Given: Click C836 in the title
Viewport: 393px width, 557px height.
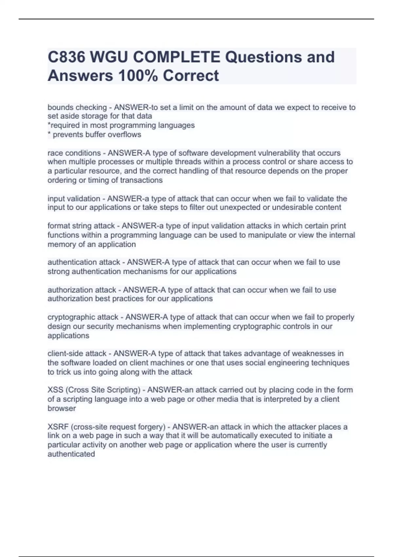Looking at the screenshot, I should click(x=66, y=57).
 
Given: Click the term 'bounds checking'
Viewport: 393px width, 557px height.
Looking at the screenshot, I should click(x=77, y=107).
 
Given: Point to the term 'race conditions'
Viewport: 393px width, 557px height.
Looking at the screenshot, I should click(x=74, y=153).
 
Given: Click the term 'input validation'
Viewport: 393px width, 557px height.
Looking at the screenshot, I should click(x=74, y=199).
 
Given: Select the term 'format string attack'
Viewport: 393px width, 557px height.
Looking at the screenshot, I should click(x=81, y=226).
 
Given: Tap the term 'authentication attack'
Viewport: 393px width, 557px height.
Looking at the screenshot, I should click(x=84, y=262).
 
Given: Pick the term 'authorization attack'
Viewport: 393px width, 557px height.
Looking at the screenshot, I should click(x=82, y=290).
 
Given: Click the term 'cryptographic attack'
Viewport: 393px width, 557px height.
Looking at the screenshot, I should click(x=83, y=317).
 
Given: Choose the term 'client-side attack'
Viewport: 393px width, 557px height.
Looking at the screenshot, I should click(x=77, y=354).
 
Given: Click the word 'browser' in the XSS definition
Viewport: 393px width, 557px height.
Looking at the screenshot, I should click(x=62, y=408).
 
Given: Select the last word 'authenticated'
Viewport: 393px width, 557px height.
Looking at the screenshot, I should click(x=71, y=454).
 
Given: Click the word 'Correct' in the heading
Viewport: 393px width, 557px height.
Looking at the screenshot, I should click(x=191, y=75).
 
